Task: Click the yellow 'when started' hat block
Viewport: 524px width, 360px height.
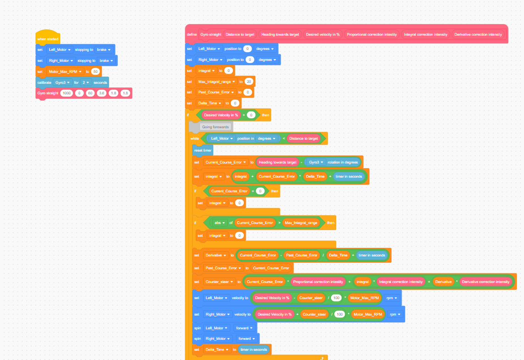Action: (x=48, y=38)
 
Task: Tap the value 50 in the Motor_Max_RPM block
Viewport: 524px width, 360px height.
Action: (x=95, y=71)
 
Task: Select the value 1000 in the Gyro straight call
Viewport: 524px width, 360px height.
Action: (x=66, y=93)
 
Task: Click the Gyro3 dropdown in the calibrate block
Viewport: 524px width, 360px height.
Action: (x=62, y=82)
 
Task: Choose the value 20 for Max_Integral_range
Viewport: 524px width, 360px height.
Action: (x=248, y=82)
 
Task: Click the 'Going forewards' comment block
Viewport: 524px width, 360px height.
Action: (x=215, y=127)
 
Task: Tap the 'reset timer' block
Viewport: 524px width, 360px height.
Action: (x=203, y=150)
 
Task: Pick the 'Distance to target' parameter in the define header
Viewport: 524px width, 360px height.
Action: (x=240, y=34)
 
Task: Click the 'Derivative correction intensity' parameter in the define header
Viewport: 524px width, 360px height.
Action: (x=478, y=34)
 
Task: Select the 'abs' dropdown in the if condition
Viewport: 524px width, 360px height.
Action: (x=219, y=223)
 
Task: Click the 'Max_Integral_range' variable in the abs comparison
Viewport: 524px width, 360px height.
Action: (x=301, y=223)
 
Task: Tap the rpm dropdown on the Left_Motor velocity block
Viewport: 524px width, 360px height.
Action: (x=392, y=298)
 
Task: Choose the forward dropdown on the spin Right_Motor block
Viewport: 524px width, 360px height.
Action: (x=246, y=338)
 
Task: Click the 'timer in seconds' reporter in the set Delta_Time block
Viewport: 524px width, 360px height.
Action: (x=254, y=349)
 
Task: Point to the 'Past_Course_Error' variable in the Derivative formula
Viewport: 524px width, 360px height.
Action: (x=302, y=255)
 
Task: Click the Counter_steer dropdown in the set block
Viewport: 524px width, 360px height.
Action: (x=219, y=282)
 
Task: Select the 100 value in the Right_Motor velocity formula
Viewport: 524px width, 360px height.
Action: (x=340, y=314)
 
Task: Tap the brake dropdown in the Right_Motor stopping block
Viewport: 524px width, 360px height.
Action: (x=106, y=60)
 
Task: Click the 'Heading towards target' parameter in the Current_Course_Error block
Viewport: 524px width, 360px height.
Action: (x=277, y=162)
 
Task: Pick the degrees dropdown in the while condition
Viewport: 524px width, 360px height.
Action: (x=266, y=138)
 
